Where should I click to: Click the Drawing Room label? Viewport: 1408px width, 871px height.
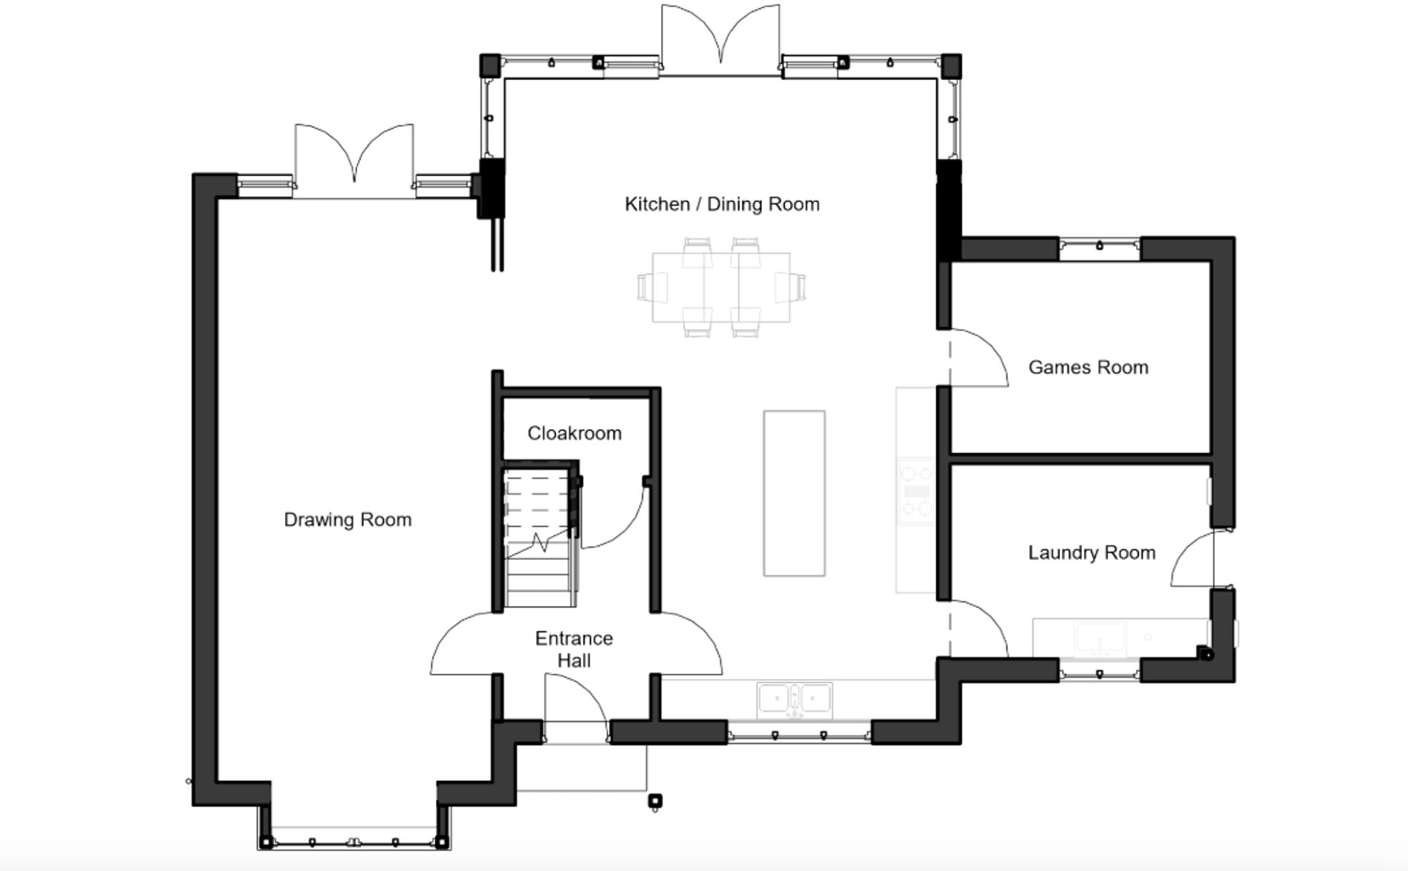tap(347, 520)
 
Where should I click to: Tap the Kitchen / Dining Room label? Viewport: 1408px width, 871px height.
tap(722, 204)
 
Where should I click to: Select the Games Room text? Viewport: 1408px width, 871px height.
tap(1088, 367)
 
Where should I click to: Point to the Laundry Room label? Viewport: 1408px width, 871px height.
tap(1091, 553)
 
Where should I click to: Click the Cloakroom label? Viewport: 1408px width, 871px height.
tap(574, 433)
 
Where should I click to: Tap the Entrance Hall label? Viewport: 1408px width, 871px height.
tap(574, 649)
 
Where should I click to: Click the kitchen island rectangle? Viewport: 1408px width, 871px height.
tap(794, 493)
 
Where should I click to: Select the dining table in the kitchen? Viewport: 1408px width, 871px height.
tap(721, 288)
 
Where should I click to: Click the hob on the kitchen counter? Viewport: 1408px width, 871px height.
tap(916, 491)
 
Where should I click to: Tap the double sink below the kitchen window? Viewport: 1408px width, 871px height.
tap(795, 700)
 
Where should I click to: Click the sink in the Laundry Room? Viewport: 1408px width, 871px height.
tap(1100, 637)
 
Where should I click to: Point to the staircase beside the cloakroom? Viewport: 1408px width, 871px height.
tap(539, 538)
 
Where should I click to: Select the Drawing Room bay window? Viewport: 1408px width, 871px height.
tap(353, 841)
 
